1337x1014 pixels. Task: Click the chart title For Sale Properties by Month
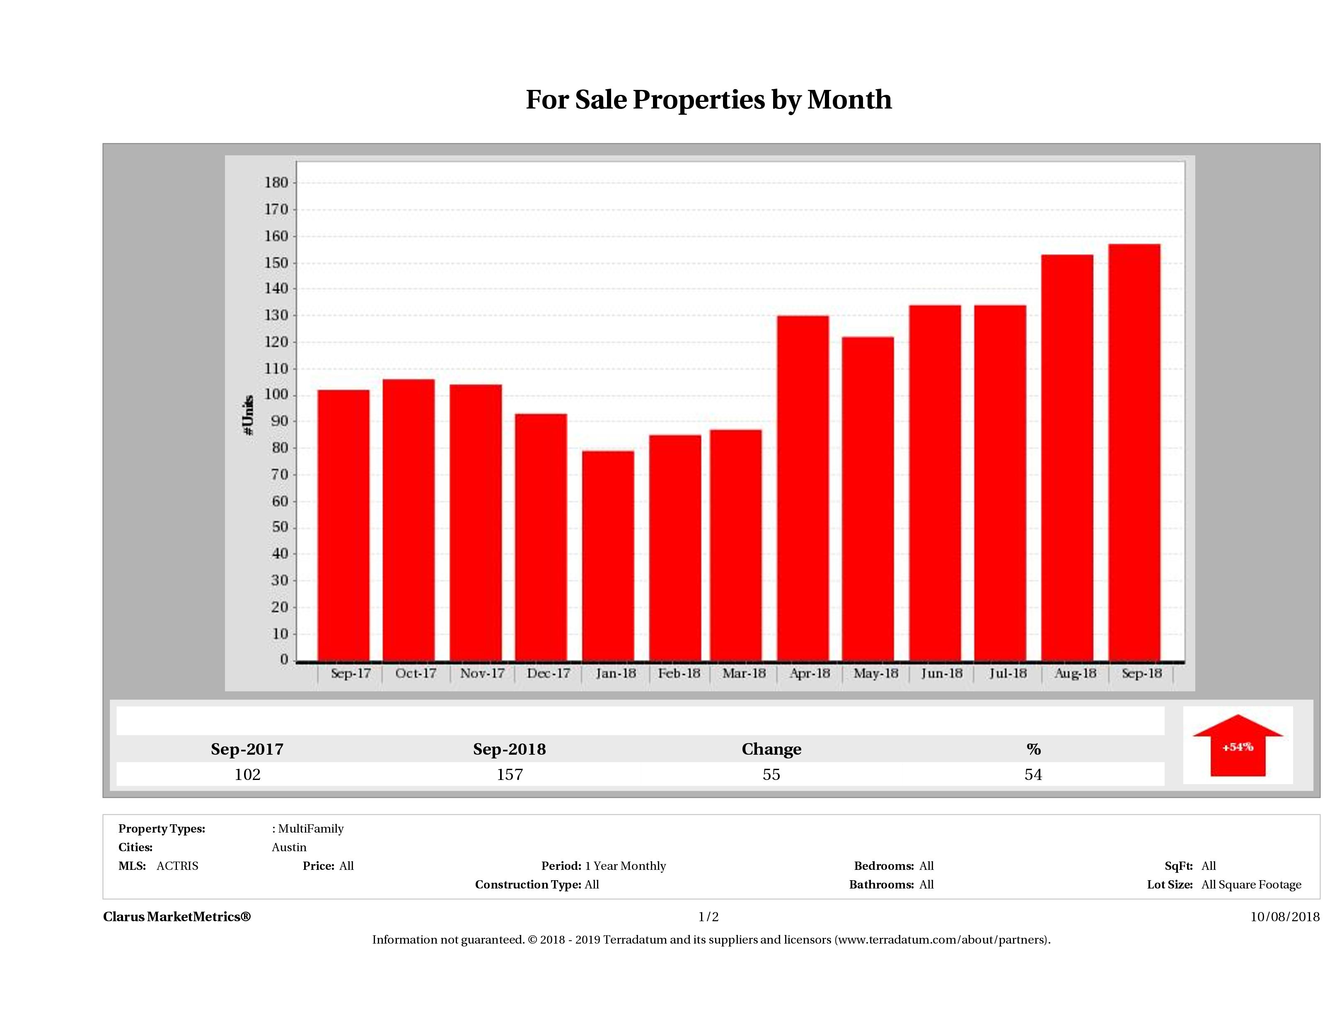(708, 100)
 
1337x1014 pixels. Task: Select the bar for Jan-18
(608, 556)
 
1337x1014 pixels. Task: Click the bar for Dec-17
(541, 537)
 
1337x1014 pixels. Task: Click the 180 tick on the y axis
(276, 183)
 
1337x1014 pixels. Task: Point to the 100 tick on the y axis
(276, 395)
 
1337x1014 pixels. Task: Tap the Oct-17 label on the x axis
(416, 673)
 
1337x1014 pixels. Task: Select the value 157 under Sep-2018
(510, 775)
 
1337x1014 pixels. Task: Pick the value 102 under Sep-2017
(247, 775)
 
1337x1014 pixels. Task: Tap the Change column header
(771, 749)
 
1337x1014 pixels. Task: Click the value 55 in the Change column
(771, 775)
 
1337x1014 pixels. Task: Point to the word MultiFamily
(311, 828)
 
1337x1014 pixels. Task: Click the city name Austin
(289, 847)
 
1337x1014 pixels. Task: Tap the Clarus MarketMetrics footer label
(176, 917)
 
